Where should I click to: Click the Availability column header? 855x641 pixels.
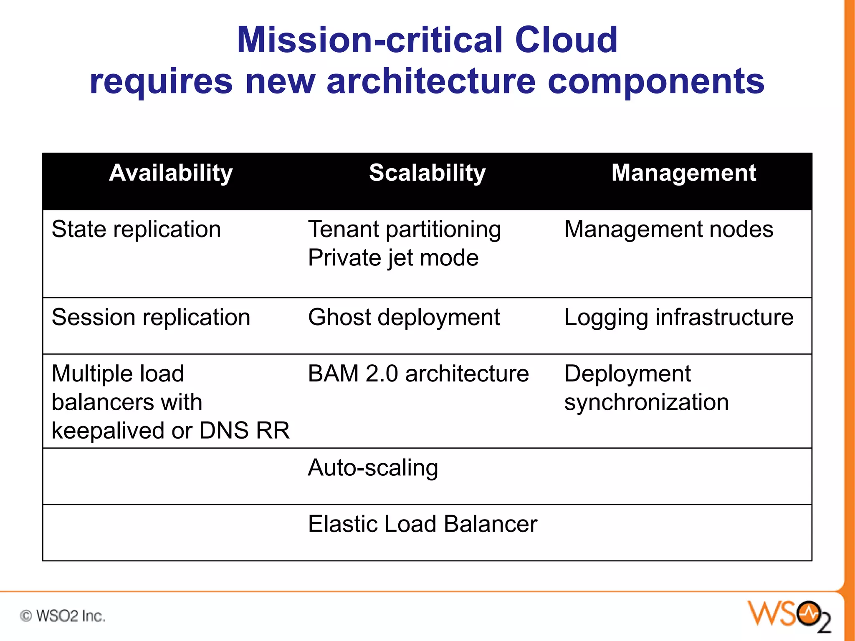click(x=171, y=173)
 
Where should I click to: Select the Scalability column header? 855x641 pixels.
click(x=427, y=173)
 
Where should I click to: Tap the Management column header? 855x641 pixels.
click(x=683, y=173)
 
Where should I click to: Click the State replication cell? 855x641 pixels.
click(x=136, y=230)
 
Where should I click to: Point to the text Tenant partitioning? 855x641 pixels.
click(x=404, y=230)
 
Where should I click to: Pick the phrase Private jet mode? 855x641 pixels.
click(x=393, y=258)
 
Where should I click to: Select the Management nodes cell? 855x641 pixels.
click(x=668, y=230)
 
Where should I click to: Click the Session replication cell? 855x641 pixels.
click(x=151, y=317)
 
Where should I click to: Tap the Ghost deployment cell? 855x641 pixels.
click(x=404, y=317)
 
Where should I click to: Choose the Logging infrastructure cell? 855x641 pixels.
click(x=678, y=317)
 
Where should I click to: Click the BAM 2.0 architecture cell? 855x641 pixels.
click(x=418, y=373)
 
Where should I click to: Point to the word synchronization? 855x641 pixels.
click(x=646, y=402)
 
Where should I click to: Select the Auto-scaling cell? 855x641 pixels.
click(x=373, y=468)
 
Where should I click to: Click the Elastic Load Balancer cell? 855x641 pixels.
click(x=422, y=524)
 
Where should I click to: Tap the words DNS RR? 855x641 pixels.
click(x=244, y=431)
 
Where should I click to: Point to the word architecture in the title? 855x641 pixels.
click(x=431, y=81)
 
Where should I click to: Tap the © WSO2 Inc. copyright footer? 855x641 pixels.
click(x=63, y=616)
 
